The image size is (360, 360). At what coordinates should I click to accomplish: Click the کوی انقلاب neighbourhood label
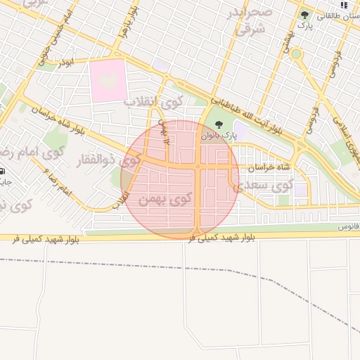[153, 101]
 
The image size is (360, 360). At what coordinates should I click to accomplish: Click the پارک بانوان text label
[216, 136]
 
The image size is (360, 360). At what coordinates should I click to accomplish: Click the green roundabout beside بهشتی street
[296, 53]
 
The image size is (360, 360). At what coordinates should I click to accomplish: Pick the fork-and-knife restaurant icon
[343, 4]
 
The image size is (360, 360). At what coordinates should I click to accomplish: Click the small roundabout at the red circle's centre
[199, 167]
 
